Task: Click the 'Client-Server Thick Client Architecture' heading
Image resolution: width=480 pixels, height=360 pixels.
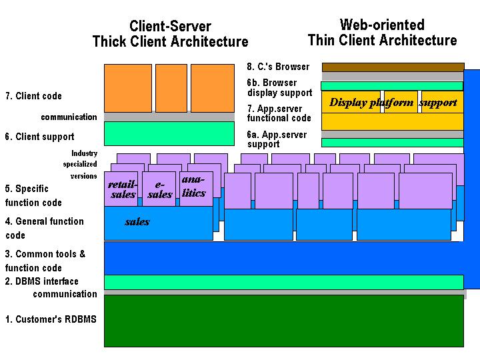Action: (x=170, y=34)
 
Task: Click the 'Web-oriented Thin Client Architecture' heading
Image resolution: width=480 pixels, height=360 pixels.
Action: (x=382, y=33)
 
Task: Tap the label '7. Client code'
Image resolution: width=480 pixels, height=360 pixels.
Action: (x=33, y=96)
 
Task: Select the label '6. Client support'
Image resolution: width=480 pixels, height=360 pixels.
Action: (x=39, y=137)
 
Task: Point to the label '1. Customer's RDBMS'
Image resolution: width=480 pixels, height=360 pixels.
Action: (x=51, y=319)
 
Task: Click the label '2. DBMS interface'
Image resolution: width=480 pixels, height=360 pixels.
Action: (x=41, y=281)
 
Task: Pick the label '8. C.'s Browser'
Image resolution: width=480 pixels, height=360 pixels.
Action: (x=278, y=67)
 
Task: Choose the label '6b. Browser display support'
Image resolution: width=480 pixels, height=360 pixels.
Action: (x=279, y=87)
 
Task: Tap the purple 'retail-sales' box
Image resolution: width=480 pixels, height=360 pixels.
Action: (x=122, y=189)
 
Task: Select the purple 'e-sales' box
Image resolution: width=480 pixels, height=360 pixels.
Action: (x=159, y=189)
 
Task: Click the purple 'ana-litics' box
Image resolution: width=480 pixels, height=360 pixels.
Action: (x=194, y=186)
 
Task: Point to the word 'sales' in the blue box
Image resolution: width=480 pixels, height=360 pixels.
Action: (x=137, y=222)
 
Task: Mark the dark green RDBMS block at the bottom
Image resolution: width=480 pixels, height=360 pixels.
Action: (x=284, y=321)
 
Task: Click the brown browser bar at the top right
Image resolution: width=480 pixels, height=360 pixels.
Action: (x=393, y=67)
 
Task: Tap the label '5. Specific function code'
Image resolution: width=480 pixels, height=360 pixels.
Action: (x=33, y=195)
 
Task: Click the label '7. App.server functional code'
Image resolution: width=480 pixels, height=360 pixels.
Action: (x=279, y=113)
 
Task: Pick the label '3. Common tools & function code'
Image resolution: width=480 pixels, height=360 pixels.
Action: (x=45, y=261)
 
